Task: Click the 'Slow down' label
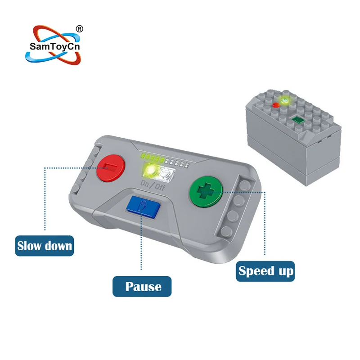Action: [45, 246]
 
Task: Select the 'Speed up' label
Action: [265, 271]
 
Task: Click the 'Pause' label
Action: [142, 286]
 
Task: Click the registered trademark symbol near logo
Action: [80, 28]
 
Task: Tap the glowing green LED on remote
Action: [149, 171]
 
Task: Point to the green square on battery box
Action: [297, 120]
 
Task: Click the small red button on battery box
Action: [275, 105]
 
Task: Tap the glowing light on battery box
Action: [284, 101]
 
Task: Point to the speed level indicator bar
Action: [163, 158]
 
